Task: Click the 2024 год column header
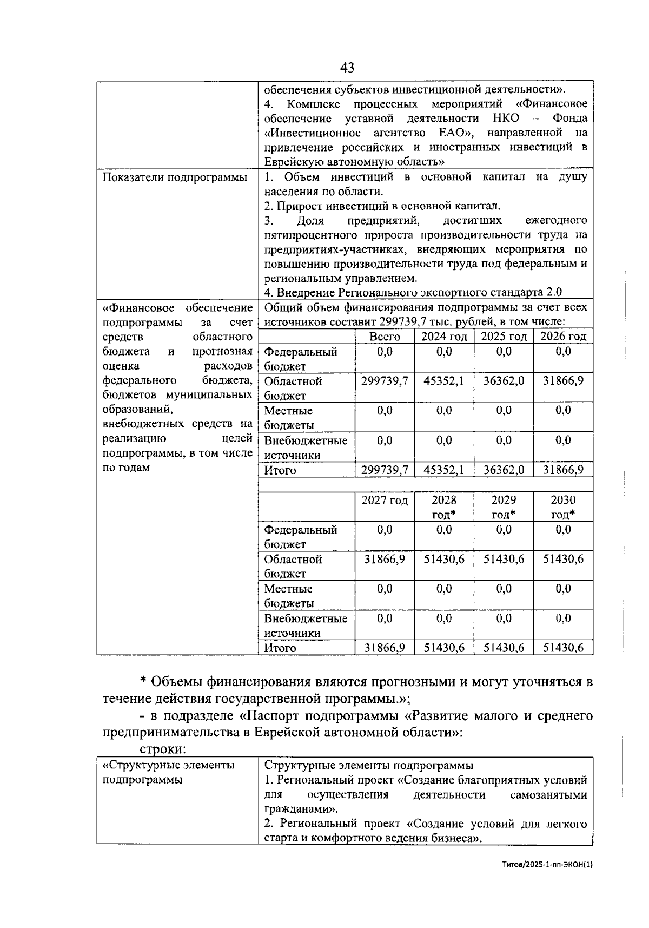pyautogui.click(x=443, y=337)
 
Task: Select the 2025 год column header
pyautogui.click(x=504, y=337)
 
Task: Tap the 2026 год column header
pyautogui.click(x=563, y=337)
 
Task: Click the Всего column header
pyautogui.click(x=385, y=337)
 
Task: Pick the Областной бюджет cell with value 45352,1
pyautogui.click(x=443, y=381)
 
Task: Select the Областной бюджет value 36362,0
pyautogui.click(x=504, y=381)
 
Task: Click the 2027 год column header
pyautogui.click(x=385, y=501)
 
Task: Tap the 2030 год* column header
pyautogui.click(x=563, y=507)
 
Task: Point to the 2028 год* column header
pyautogui.click(x=443, y=507)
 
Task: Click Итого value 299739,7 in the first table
pyautogui.click(x=385, y=470)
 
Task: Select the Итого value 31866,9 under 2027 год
pyautogui.click(x=385, y=648)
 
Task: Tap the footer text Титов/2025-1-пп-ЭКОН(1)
pyautogui.click(x=547, y=865)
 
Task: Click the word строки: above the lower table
pyautogui.click(x=163, y=749)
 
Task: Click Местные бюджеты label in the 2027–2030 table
pyautogui.click(x=289, y=596)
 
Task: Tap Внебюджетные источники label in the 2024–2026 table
pyautogui.click(x=306, y=447)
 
